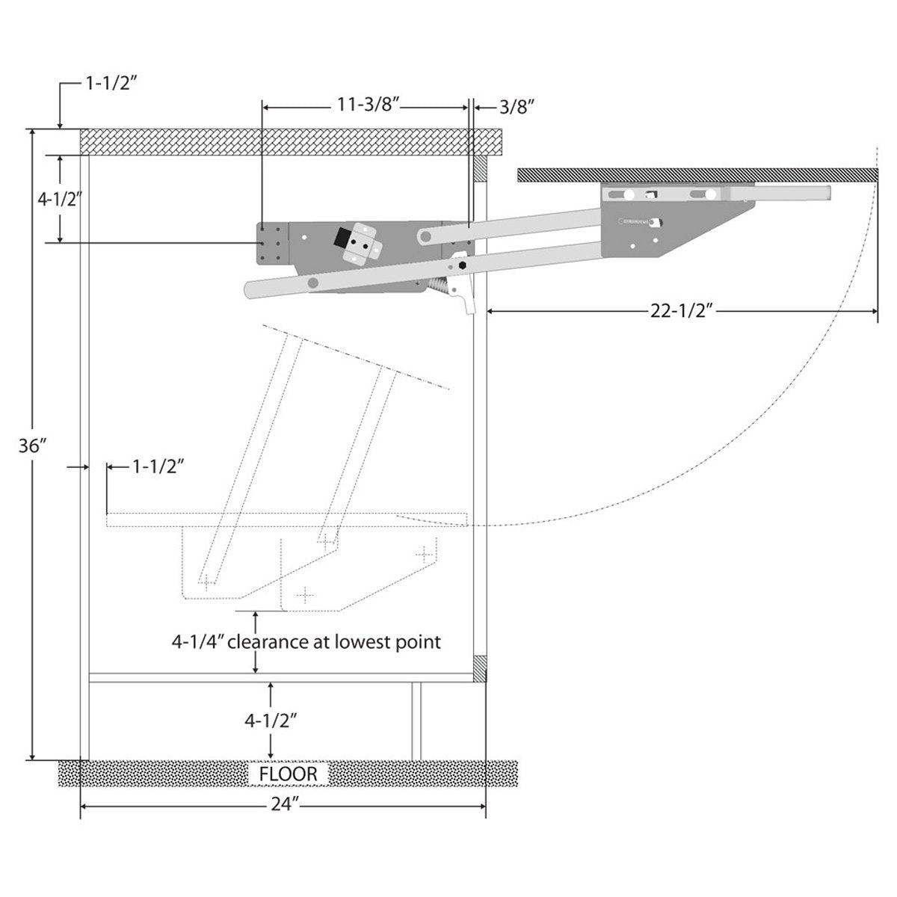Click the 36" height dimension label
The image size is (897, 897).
pyautogui.click(x=34, y=446)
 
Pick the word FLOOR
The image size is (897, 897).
pyautogui.click(x=289, y=774)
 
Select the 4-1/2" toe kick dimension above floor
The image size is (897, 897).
pyautogui.click(x=271, y=721)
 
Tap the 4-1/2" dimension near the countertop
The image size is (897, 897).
pyautogui.click(x=59, y=199)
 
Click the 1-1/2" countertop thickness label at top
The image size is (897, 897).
pyautogui.click(x=108, y=84)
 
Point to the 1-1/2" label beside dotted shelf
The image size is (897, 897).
pyautogui.click(x=158, y=467)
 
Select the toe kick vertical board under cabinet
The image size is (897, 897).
pyautogui.click(x=416, y=721)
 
